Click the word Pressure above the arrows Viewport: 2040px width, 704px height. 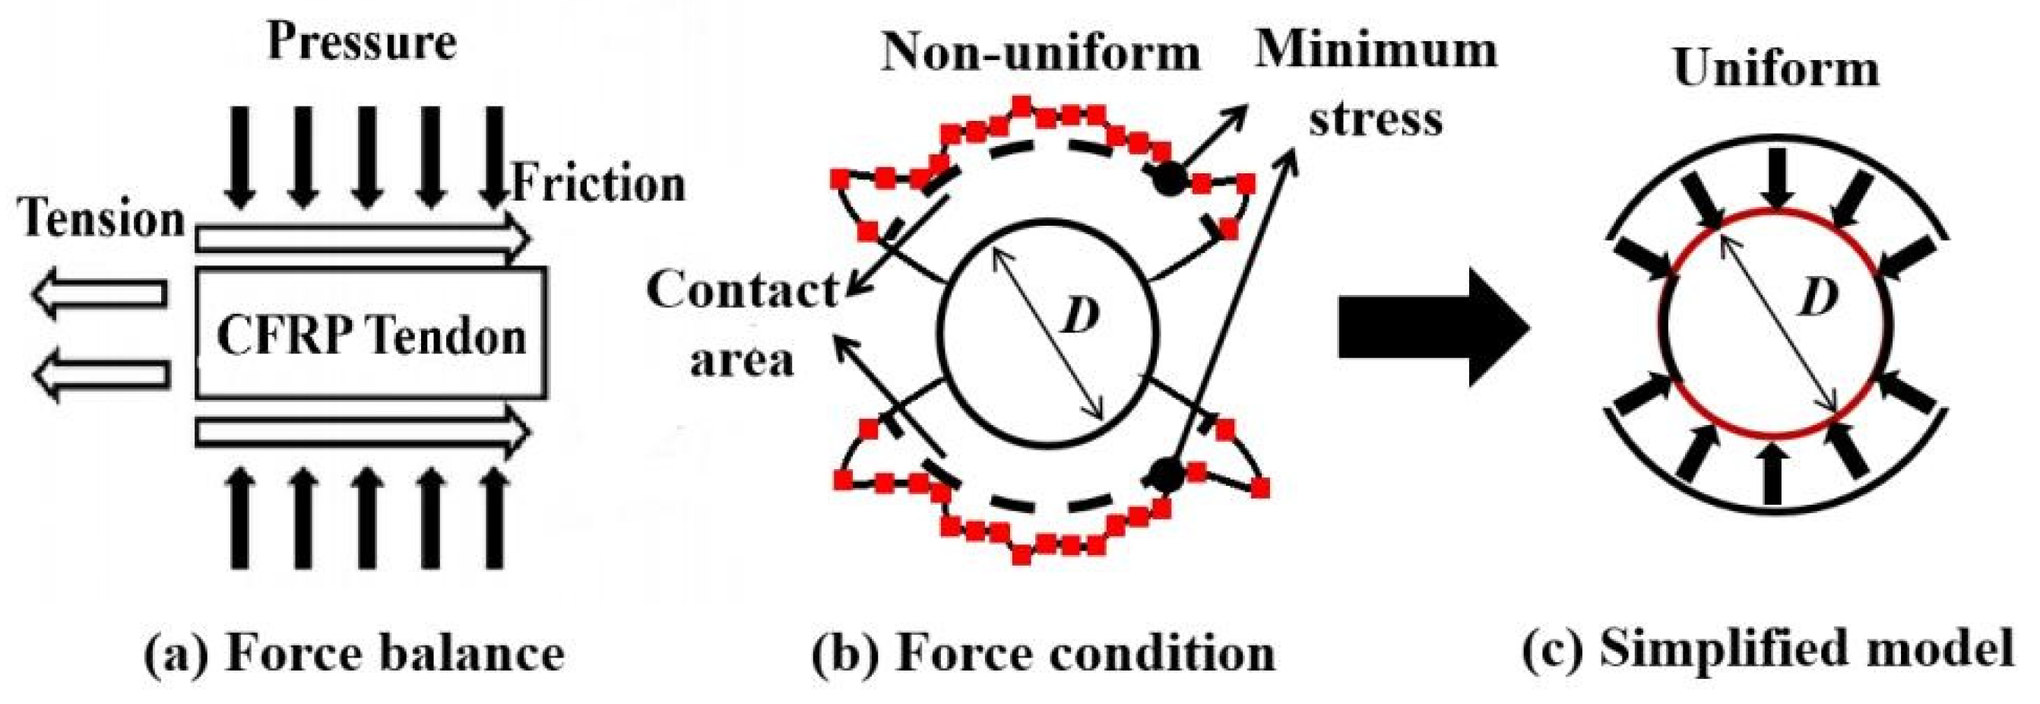363,41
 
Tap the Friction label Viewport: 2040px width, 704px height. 599,184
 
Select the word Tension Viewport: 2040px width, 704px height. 103,218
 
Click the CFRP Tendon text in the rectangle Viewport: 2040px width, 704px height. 372,336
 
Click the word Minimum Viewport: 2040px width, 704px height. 1376,49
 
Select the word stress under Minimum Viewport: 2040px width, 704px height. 1376,119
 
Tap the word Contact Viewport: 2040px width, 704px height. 742,290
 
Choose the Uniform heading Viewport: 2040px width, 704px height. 1776,70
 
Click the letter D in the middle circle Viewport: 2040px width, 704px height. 1081,317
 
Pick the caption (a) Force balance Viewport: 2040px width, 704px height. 354,653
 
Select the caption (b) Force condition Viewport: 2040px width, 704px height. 1044,653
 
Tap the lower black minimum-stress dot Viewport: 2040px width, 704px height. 1165,474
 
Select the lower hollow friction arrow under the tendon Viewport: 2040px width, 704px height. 363,433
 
